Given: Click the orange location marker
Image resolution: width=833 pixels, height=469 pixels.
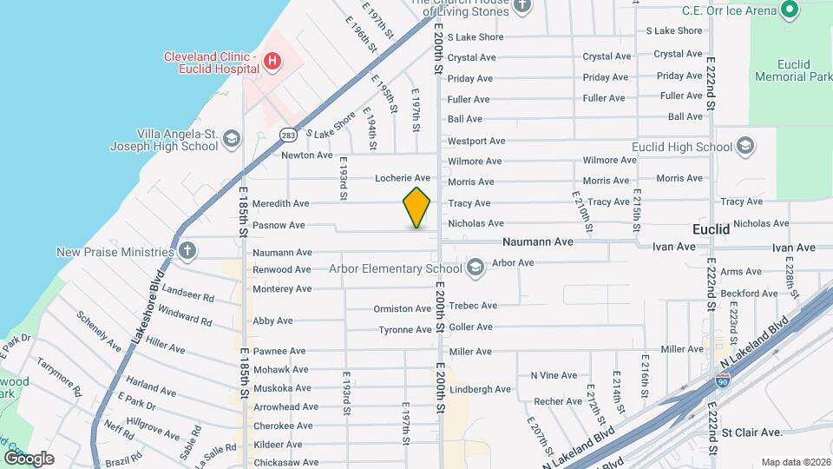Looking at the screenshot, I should pyautogui.click(x=416, y=208).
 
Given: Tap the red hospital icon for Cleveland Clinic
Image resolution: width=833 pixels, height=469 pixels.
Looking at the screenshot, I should pyautogui.click(x=272, y=61).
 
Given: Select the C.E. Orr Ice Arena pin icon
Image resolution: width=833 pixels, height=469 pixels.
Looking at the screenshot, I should pyautogui.click(x=789, y=10).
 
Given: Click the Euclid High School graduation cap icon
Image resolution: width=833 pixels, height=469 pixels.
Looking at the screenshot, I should pyautogui.click(x=745, y=147).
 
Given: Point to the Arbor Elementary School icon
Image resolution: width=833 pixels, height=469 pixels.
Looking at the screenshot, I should pyautogui.click(x=474, y=268).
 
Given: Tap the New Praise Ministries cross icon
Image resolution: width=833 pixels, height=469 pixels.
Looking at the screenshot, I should pyautogui.click(x=187, y=252).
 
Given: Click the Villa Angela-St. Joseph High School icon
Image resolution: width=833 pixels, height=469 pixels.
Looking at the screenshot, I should pyautogui.click(x=231, y=139).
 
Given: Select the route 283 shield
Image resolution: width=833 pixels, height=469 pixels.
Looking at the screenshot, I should pyautogui.click(x=288, y=135).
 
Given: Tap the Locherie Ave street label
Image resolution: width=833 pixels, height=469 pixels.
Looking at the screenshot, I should pyautogui.click(x=403, y=178).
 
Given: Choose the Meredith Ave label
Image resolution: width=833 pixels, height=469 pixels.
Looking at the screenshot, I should pyautogui.click(x=280, y=203).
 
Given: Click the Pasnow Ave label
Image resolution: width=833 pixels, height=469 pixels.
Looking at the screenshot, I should pyautogui.click(x=279, y=225).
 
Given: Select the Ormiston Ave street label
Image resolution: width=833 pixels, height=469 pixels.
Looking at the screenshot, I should pyautogui.click(x=402, y=308).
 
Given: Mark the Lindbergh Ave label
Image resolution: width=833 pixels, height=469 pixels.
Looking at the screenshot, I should pyautogui.click(x=482, y=389).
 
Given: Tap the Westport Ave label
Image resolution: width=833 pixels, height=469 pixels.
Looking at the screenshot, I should pyautogui.click(x=476, y=141).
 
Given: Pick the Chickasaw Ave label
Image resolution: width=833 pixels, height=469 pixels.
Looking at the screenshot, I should pyautogui.click(x=285, y=462).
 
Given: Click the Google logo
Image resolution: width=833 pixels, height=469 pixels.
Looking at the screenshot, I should pyautogui.click(x=29, y=459).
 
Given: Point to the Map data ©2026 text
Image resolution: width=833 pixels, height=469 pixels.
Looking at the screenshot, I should pyautogui.click(x=795, y=462).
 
